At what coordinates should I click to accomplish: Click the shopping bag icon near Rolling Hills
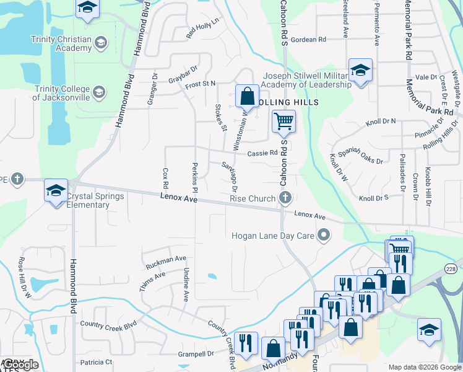(247, 96)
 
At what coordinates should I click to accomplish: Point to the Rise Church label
(253, 198)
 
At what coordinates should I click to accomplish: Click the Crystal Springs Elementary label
(95, 200)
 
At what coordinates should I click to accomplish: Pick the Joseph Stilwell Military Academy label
(308, 80)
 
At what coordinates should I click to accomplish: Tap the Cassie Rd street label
(262, 153)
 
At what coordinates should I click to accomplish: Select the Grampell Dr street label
(196, 354)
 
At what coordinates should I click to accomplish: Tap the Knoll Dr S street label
(373, 198)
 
